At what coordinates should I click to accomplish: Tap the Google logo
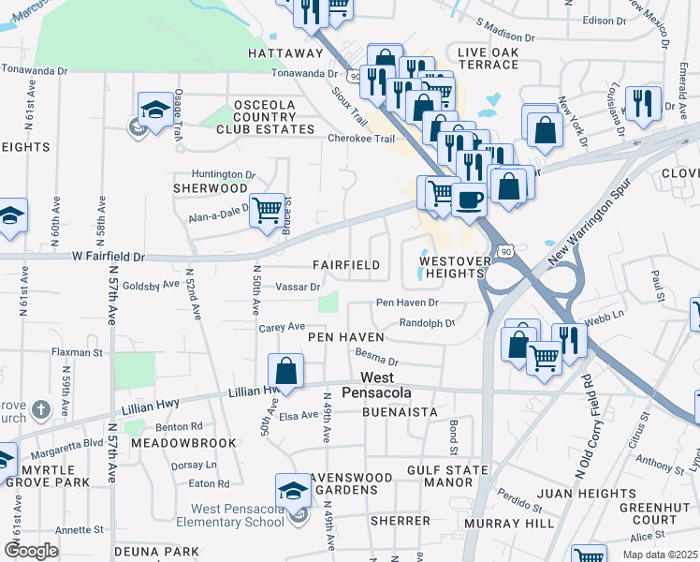[33, 551]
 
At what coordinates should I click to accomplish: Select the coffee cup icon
[469, 199]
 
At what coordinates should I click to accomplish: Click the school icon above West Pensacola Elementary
[293, 490]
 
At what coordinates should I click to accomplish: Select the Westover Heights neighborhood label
[453, 267]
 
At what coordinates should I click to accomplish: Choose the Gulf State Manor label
[447, 476]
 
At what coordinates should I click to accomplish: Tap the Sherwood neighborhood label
[209, 187]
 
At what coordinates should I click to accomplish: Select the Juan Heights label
[588, 494]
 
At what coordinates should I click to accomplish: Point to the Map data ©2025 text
[661, 555]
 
